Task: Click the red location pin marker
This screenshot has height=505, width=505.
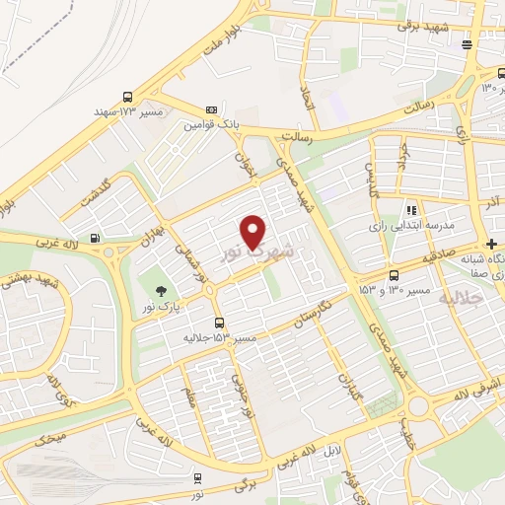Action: (x=254, y=233)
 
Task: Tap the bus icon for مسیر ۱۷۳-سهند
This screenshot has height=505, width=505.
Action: (x=128, y=97)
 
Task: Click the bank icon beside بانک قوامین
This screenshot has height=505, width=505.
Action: (x=211, y=109)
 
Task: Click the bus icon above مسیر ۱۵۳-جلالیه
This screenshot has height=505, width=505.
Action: (x=219, y=323)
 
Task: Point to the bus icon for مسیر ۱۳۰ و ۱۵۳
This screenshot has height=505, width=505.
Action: (x=395, y=275)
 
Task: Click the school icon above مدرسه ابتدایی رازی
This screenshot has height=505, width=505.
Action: (x=411, y=210)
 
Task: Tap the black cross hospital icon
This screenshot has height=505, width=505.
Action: (x=491, y=245)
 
